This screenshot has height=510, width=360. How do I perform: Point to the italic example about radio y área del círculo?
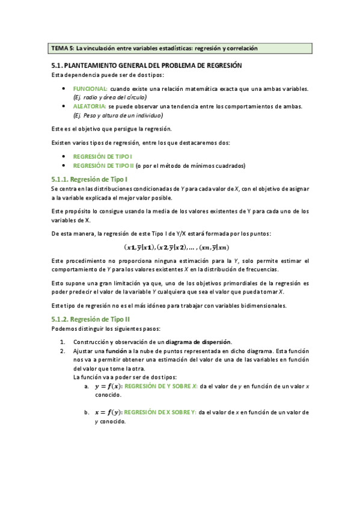tap(109, 97)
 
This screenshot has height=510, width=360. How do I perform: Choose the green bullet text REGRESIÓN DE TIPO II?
tap(100, 165)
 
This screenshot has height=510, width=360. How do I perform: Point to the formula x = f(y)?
tap(108, 413)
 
